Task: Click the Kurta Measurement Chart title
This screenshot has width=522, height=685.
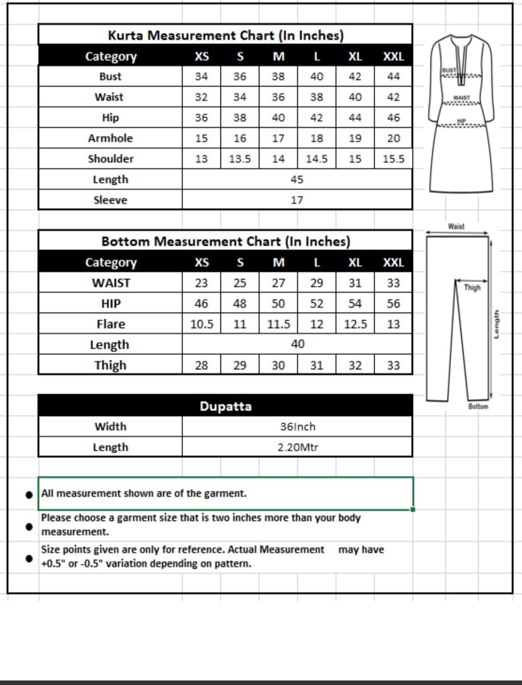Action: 225,35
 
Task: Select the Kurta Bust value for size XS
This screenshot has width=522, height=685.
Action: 201,77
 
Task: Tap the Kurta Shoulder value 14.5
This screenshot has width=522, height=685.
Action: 316,159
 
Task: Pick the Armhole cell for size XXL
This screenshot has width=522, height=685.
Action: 393,139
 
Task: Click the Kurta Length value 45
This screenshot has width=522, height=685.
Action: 297,179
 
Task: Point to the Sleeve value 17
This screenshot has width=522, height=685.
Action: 297,200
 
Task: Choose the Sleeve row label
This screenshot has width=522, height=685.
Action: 110,200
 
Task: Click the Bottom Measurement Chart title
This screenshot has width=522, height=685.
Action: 225,241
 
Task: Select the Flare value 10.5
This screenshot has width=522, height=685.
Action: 201,324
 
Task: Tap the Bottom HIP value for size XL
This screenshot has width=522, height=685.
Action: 355,304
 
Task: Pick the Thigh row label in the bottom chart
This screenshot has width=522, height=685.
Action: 110,366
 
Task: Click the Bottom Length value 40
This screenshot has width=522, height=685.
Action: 298,344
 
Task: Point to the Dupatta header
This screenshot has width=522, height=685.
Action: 225,406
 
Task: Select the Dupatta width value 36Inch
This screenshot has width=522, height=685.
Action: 298,427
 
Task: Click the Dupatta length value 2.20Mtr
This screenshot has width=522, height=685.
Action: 298,447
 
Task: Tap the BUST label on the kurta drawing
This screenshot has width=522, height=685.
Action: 449,70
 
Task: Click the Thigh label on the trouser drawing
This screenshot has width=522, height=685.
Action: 472,288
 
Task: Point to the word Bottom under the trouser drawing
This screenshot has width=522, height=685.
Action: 478,406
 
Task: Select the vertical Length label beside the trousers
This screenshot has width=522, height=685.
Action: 496,324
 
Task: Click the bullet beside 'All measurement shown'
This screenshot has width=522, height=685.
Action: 29,494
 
